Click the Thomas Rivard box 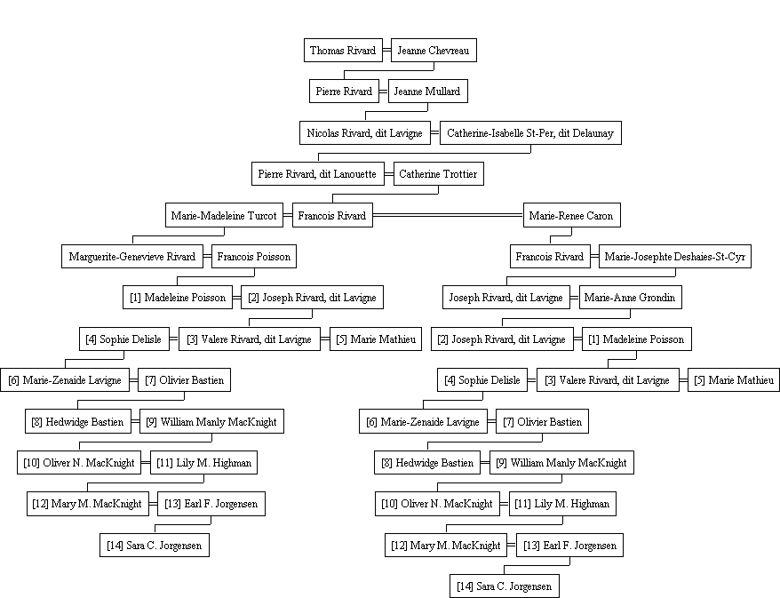click(343, 51)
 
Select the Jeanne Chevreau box click(434, 51)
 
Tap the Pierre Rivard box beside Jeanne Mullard click(344, 91)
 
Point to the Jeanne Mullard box click(428, 91)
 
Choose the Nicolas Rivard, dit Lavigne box click(364, 132)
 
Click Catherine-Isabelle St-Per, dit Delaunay click(530, 132)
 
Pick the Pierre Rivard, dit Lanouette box click(317, 173)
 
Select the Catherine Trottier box click(438, 173)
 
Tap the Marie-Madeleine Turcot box click(224, 215)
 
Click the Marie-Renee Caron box click(571, 215)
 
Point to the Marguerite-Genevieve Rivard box click(131, 256)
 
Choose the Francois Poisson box click(254, 256)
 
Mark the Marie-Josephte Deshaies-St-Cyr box click(674, 256)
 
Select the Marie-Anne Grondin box click(630, 297)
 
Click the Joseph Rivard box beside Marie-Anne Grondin click(505, 297)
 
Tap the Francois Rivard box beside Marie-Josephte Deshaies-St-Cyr click(550, 256)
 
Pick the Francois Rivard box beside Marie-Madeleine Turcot click(332, 215)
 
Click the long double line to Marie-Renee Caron click(448, 215)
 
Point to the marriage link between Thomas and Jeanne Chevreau click(386, 51)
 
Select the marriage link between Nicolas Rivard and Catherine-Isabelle click(435, 132)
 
